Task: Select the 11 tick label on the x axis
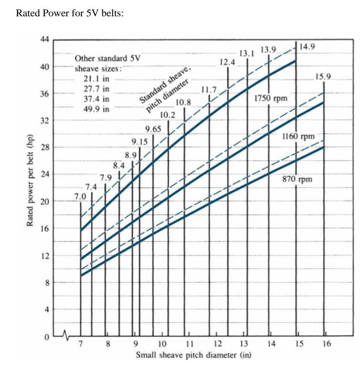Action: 188,344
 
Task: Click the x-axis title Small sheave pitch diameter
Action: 193,356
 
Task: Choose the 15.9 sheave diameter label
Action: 324,77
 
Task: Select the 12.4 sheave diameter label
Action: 227,62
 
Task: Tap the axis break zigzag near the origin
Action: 66,334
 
